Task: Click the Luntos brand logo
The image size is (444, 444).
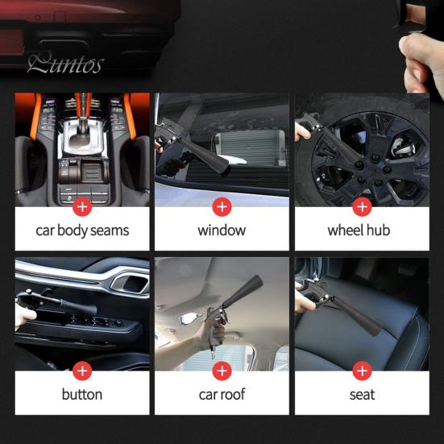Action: tap(66, 64)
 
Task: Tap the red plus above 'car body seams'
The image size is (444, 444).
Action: tap(82, 207)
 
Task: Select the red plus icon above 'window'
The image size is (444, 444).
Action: tap(222, 207)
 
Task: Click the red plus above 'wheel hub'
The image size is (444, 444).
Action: tap(362, 207)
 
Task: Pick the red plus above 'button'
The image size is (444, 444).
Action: tap(82, 371)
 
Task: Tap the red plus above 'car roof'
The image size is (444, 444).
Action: tap(222, 371)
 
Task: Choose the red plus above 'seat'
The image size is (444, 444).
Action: tap(362, 371)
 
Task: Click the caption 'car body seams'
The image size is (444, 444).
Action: tap(82, 230)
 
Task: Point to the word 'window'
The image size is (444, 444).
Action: tap(222, 230)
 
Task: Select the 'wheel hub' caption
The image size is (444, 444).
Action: tap(359, 230)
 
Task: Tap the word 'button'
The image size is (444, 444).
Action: tap(82, 394)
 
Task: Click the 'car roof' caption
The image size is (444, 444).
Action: tap(222, 395)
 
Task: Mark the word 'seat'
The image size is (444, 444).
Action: tap(362, 395)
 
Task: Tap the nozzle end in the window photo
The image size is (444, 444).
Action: tap(224, 167)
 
